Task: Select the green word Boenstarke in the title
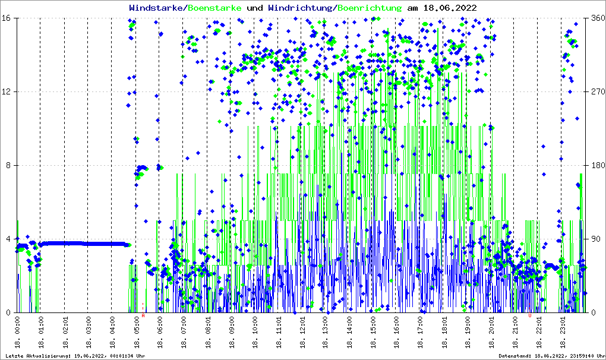coord(214,8)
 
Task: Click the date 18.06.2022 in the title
coord(442,8)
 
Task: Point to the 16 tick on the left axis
coord(10,18)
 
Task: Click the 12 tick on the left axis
coord(10,91)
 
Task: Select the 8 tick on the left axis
coord(12,165)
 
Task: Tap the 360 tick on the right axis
coord(597,18)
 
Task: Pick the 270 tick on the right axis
coord(597,91)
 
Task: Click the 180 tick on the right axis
coord(597,165)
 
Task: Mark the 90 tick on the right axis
coord(595,239)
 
